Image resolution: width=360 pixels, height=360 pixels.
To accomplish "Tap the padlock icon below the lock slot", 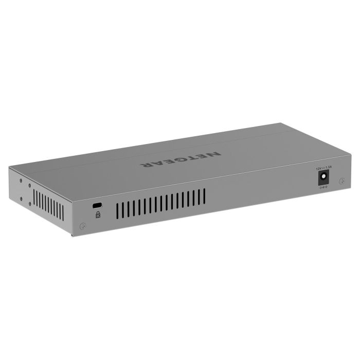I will coord(98,214).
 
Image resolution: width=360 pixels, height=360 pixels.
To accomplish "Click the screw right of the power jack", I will coord(341,181).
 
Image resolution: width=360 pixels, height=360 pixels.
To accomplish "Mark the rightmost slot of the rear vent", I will coord(204,195).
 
